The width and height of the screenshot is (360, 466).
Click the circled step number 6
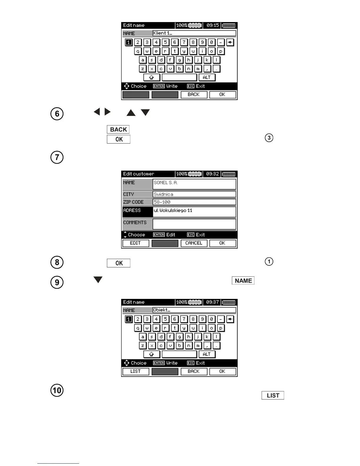coord(57,114)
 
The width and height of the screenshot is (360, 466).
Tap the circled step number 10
coord(57,390)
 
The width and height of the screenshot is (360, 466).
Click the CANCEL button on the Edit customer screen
coord(194,243)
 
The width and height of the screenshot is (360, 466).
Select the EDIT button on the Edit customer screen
coord(135,243)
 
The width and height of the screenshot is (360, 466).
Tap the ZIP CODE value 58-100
coord(194,202)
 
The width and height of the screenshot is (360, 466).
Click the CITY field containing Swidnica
coord(194,194)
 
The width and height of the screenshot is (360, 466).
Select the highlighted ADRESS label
coord(137,212)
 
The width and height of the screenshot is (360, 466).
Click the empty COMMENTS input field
coord(194,224)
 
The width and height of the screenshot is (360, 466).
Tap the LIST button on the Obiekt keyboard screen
coord(136,372)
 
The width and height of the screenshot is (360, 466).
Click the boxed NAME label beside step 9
coord(243,281)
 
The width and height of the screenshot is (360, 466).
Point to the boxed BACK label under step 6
coord(118,129)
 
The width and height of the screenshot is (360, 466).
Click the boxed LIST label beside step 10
coord(273,395)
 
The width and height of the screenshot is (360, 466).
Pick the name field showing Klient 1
coord(194,33)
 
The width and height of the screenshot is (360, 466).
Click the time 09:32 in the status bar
coord(212,174)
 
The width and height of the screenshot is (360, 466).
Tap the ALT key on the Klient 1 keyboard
coord(207,77)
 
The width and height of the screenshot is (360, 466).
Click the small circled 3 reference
coord(269,138)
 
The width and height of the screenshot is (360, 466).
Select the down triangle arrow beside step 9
coord(98,279)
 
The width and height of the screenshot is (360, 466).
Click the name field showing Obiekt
coord(194,310)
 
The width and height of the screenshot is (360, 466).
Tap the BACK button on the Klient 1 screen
coord(194,95)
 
